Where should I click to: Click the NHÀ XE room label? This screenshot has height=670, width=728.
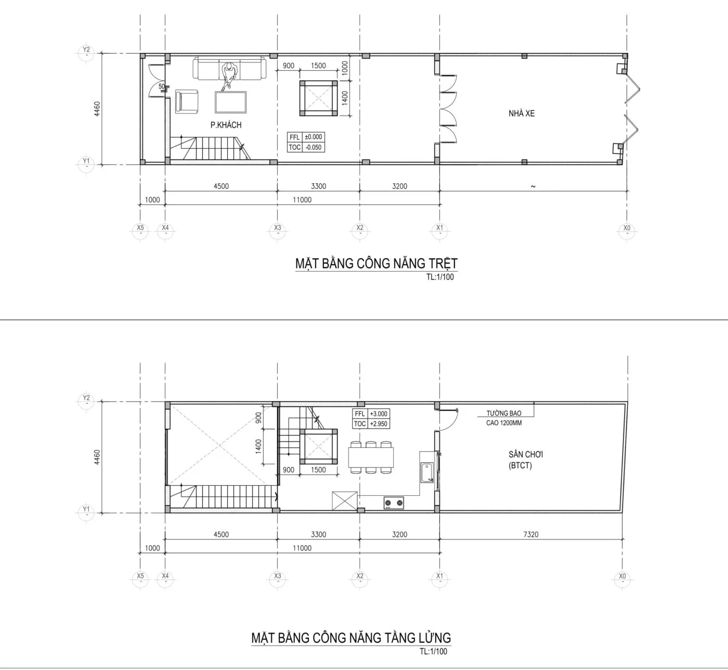(x=522, y=114)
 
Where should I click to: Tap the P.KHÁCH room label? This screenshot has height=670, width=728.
(x=226, y=125)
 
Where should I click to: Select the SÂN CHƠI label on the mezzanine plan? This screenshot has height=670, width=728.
(x=526, y=454)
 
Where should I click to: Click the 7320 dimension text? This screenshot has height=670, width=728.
(x=531, y=534)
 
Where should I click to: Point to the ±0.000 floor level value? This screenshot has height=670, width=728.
(x=313, y=137)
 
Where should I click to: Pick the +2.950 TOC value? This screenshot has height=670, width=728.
(x=378, y=424)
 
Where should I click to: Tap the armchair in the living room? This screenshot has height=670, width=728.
(x=187, y=101)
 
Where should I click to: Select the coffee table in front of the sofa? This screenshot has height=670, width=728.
(x=230, y=102)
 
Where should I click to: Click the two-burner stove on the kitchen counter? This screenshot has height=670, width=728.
(x=394, y=503)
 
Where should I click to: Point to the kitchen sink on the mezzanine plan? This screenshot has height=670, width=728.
(x=427, y=472)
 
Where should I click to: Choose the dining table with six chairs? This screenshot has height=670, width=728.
(x=371, y=458)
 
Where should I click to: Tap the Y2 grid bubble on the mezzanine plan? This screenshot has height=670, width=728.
(x=86, y=399)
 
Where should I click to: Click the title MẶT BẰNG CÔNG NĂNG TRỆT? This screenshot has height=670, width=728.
(x=376, y=263)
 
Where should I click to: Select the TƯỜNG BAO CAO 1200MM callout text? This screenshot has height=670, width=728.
(x=504, y=418)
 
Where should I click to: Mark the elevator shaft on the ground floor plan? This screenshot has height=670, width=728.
(x=318, y=98)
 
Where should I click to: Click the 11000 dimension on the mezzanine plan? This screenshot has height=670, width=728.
(x=302, y=548)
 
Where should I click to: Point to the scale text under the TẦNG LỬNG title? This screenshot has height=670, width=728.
(x=433, y=651)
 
